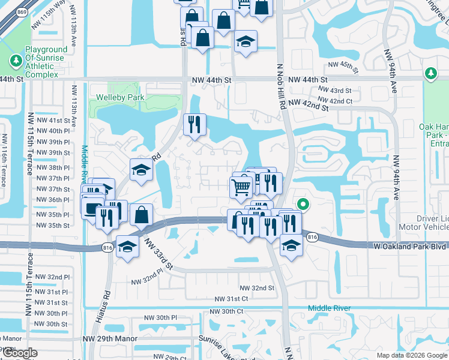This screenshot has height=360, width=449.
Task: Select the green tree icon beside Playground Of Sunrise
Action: click(x=14, y=61)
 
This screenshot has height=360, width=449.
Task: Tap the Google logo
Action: click(x=20, y=353)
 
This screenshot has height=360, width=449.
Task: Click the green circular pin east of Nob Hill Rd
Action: click(x=303, y=205)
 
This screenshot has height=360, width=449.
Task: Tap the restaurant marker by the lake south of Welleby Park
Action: click(x=194, y=125)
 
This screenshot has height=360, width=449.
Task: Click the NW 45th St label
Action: click(x=342, y=65)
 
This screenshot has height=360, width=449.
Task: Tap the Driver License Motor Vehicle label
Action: click(x=424, y=223)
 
